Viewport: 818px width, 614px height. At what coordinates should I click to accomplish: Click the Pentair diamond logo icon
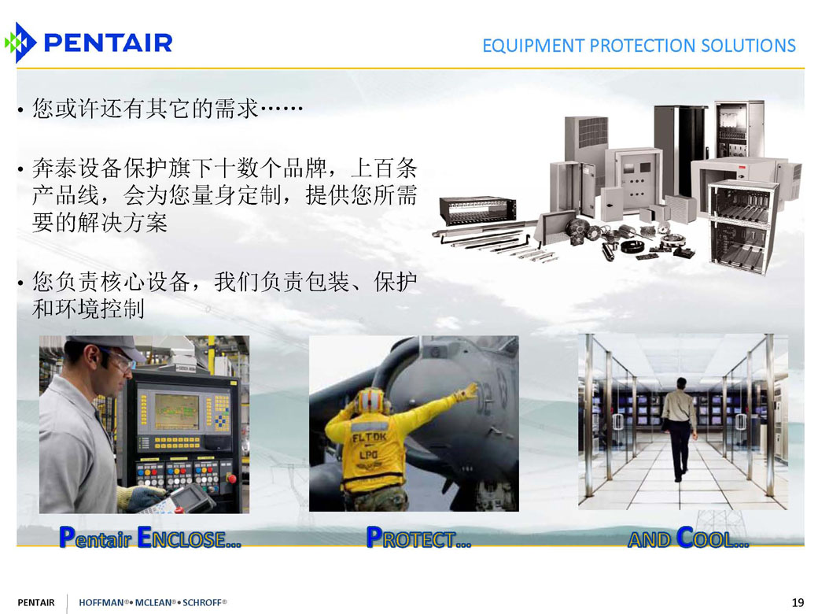tap(20, 43)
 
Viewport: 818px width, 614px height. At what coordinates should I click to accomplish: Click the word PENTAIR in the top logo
tap(108, 43)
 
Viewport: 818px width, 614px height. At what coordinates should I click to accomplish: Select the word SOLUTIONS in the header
tap(748, 46)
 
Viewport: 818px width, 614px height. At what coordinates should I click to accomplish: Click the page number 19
tap(798, 602)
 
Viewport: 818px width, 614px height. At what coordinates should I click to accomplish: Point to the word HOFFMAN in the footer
tap(101, 602)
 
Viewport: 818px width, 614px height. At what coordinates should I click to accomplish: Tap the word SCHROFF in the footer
tap(202, 602)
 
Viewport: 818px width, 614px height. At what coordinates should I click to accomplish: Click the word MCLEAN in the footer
tap(153, 602)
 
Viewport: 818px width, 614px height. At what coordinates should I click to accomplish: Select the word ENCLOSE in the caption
tap(189, 538)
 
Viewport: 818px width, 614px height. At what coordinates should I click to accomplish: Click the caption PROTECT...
tap(418, 538)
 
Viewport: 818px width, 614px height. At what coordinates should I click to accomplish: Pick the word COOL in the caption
tap(712, 538)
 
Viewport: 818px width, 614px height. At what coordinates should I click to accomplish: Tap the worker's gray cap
tap(107, 347)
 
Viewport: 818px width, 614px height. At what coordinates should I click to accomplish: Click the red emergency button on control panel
tap(231, 479)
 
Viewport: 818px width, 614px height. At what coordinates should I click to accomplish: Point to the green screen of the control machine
tap(176, 411)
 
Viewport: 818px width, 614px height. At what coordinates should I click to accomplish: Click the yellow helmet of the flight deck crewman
tap(372, 401)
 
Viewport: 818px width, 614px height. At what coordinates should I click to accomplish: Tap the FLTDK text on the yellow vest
tap(370, 437)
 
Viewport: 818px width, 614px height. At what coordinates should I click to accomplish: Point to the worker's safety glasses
tap(119, 359)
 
